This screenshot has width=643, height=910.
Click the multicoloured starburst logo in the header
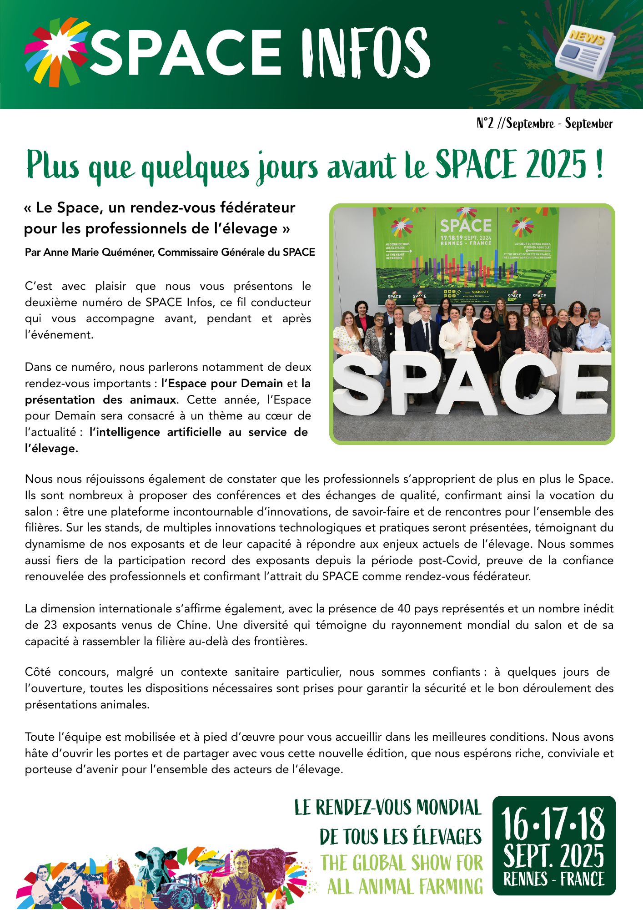[56, 51]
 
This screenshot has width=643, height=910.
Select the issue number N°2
[485, 123]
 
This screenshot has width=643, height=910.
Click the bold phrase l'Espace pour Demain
[222, 384]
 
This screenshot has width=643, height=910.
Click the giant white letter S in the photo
[359, 385]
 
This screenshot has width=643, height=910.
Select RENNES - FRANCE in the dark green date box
[553, 879]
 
